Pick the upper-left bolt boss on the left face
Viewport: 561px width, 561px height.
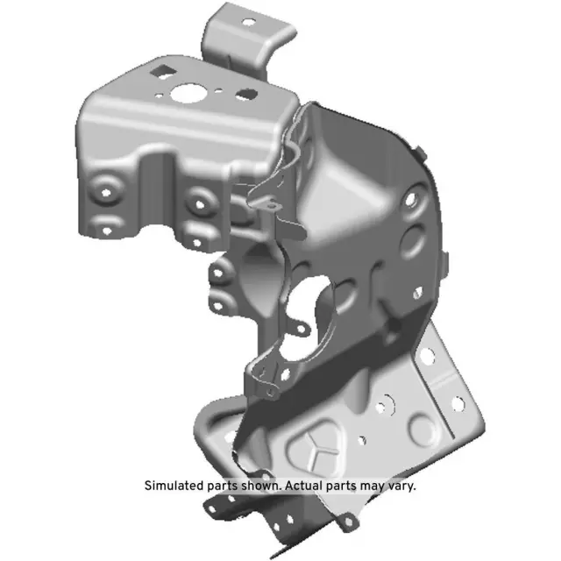109,188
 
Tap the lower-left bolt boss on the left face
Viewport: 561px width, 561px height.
107,224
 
